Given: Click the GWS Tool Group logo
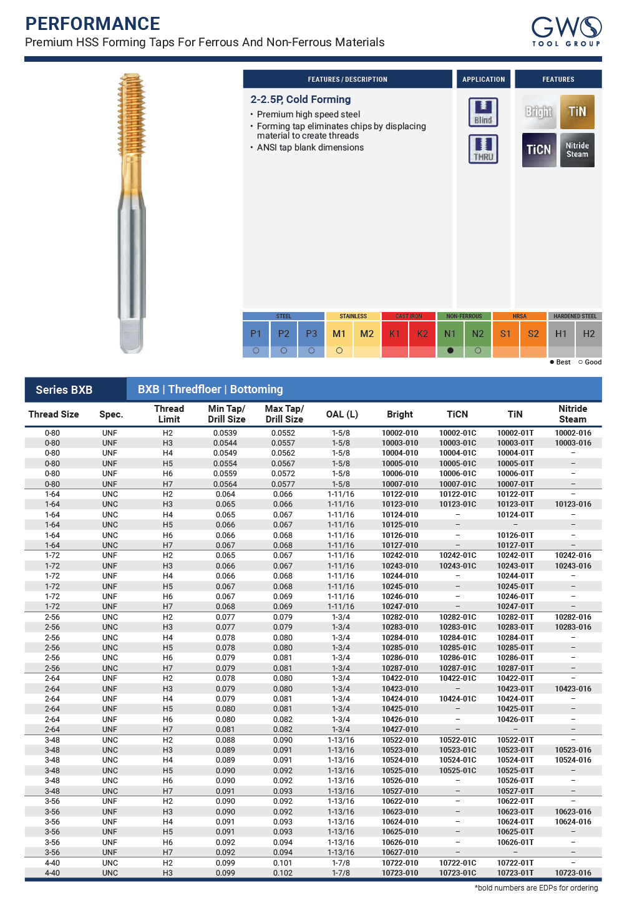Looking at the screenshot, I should coord(566,31).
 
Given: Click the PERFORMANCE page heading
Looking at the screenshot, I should coord(92,24).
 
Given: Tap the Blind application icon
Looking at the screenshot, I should coord(483,112).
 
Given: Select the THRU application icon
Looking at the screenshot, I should coord(483,149).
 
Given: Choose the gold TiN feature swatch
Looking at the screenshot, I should coord(577,112).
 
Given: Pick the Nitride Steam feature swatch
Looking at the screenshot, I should coord(577,150).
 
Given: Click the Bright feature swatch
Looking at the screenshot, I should coord(538,112).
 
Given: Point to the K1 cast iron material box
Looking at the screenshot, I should coord(394,334).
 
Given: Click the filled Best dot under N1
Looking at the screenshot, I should coord(450,351).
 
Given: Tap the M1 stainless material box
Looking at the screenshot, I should coord(339,334).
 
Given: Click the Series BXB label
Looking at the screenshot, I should coord(64,390).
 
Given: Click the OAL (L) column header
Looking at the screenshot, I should coord(342,414).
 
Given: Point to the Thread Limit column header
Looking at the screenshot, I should coord(168,414).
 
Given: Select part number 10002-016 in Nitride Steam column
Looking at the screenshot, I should coord(573,433).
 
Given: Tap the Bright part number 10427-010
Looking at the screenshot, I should coord(400,730).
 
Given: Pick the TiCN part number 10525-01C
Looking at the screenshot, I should coord(457,771).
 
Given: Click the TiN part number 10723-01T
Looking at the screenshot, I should coord(515,873).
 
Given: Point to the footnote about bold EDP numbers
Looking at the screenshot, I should coord(536,888).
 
